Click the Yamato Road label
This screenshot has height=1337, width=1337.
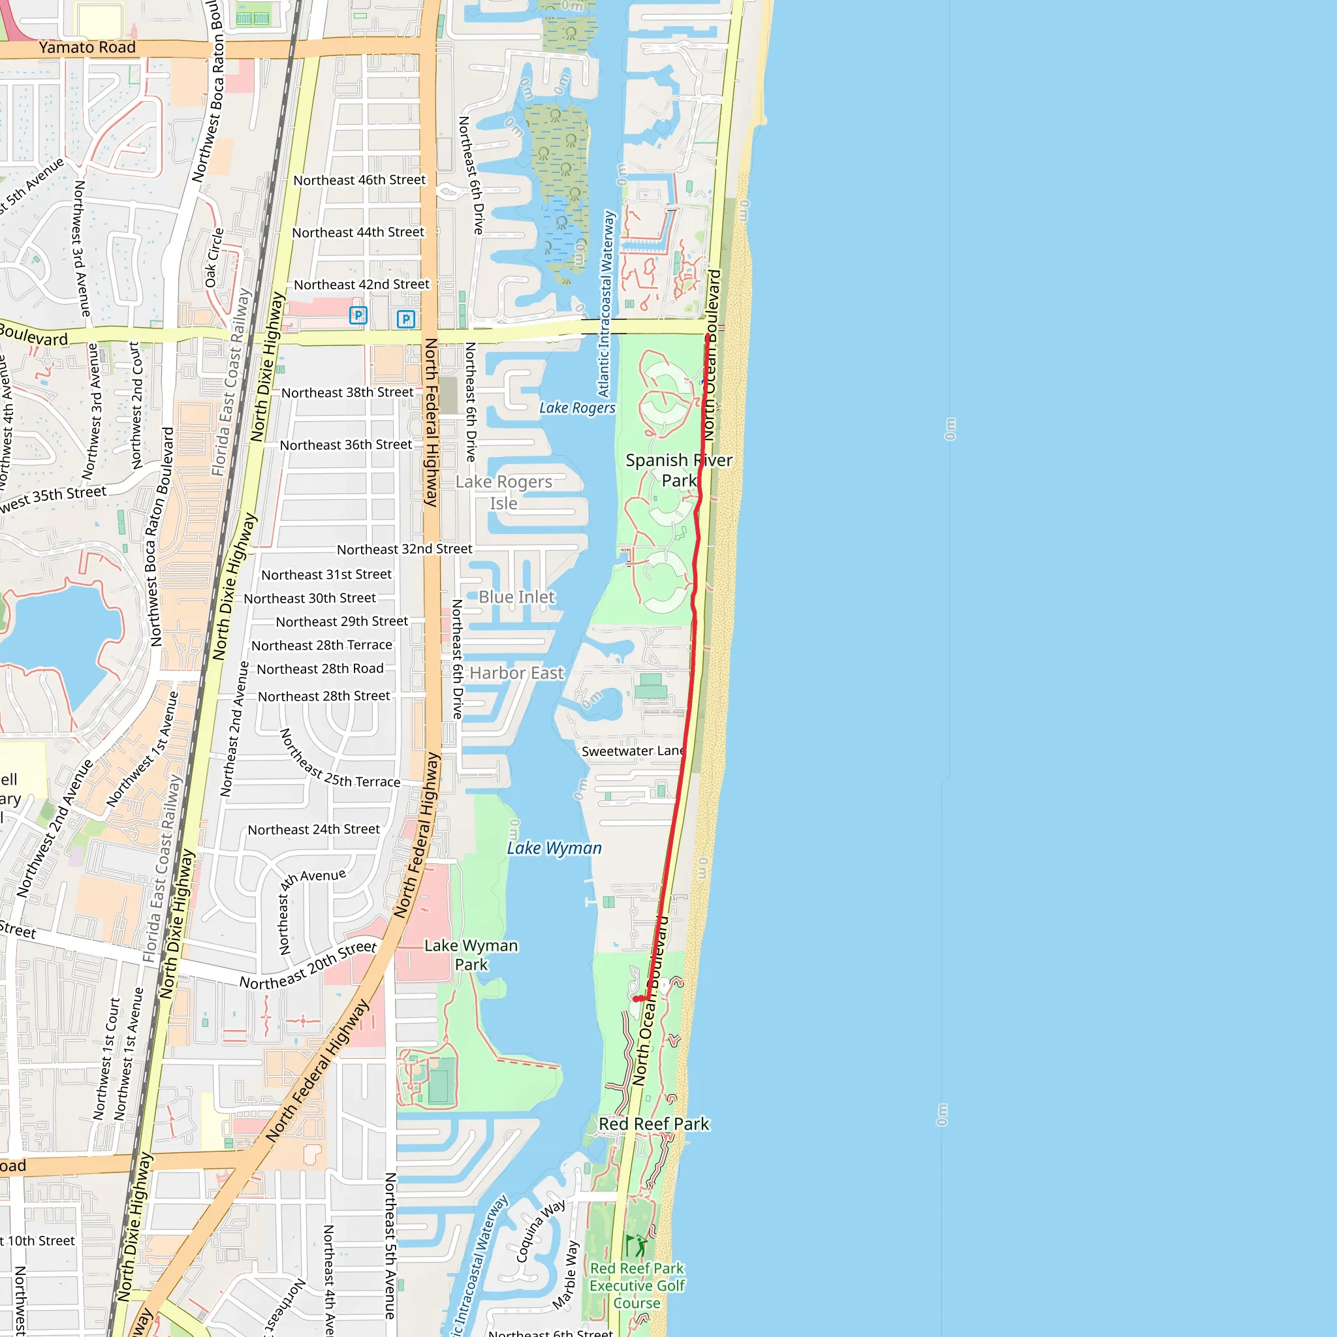[87, 47]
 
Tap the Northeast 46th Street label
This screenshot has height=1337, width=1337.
[359, 180]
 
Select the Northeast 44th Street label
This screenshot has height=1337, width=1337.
[358, 232]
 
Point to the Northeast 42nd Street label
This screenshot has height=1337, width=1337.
[361, 285]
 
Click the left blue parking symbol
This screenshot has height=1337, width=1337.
[358, 315]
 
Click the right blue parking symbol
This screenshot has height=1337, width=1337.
[405, 319]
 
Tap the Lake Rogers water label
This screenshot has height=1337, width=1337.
[577, 407]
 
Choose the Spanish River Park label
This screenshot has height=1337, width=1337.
[678, 470]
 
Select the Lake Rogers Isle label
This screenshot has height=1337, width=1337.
[504, 492]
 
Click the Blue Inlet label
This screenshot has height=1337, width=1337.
[516, 597]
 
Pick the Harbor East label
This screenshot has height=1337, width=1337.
[516, 672]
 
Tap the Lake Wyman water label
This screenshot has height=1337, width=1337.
[554, 849]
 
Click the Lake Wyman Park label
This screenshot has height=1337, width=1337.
[471, 955]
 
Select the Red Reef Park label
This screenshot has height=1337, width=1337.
[654, 1124]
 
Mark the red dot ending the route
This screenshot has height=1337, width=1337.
[637, 999]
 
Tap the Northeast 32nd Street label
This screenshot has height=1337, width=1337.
[404, 550]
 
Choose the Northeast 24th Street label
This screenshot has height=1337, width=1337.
[313, 829]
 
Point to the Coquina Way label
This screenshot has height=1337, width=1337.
[541, 1231]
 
